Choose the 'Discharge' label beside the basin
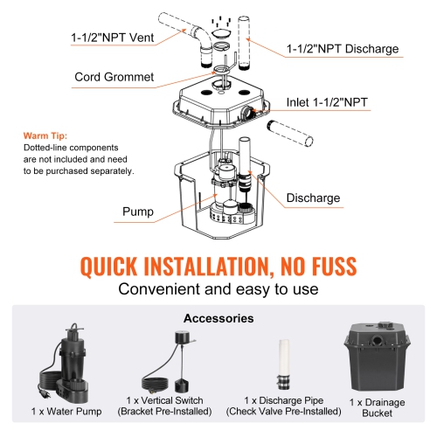point(312,198)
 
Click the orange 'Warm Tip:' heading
point(44,137)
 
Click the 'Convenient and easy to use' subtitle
point(218,289)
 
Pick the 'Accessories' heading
point(218,319)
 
